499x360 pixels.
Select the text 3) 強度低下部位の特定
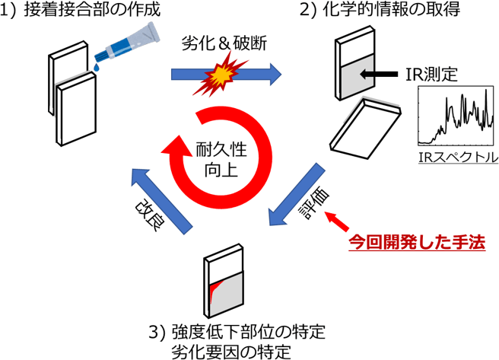pos(237,333)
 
